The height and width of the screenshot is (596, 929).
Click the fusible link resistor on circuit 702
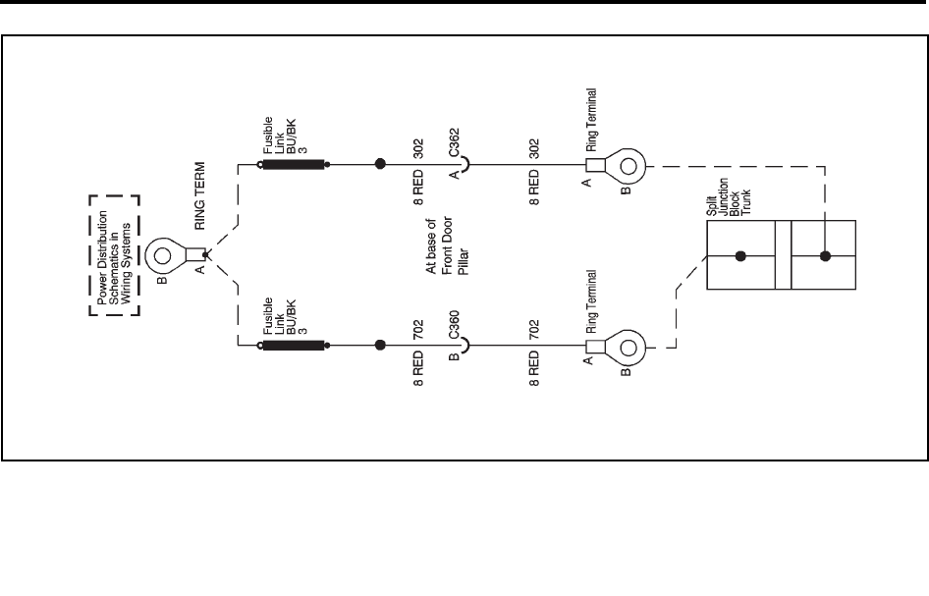point(294,345)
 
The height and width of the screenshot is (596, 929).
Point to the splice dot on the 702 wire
point(380,345)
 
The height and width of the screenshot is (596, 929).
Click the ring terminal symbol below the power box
point(165,257)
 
